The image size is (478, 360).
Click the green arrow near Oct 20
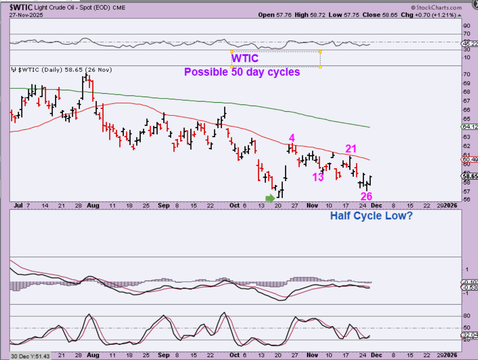pyautogui.click(x=270, y=198)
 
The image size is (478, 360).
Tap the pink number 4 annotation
pyautogui.click(x=292, y=138)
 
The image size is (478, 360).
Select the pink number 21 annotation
pyautogui.click(x=351, y=149)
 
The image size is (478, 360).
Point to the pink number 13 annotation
pyautogui.click(x=318, y=177)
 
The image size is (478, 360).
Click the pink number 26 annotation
pyautogui.click(x=366, y=196)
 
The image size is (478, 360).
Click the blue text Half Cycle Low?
pyautogui.click(x=371, y=216)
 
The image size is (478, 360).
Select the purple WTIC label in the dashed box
pyautogui.click(x=245, y=58)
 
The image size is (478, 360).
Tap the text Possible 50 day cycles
pyautogui.click(x=242, y=72)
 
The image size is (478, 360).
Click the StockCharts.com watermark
pyautogui.click(x=436, y=7)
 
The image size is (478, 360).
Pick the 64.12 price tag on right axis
pyautogui.click(x=470, y=127)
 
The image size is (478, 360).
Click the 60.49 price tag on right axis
pyautogui.click(x=470, y=159)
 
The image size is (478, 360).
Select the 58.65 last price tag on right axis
pyautogui.click(x=470, y=176)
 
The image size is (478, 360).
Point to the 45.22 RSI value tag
pyautogui.click(x=470, y=44)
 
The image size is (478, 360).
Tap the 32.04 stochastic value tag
pyautogui.click(x=470, y=335)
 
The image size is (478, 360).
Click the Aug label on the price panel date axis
pyautogui.click(x=93, y=205)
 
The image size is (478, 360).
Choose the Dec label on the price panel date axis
pyautogui.click(x=377, y=205)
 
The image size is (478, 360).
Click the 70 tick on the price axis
pyautogui.click(x=467, y=74)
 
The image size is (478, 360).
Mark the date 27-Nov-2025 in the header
pyautogui.click(x=26, y=15)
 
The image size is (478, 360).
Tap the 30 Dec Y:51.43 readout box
pyautogui.click(x=30, y=356)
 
